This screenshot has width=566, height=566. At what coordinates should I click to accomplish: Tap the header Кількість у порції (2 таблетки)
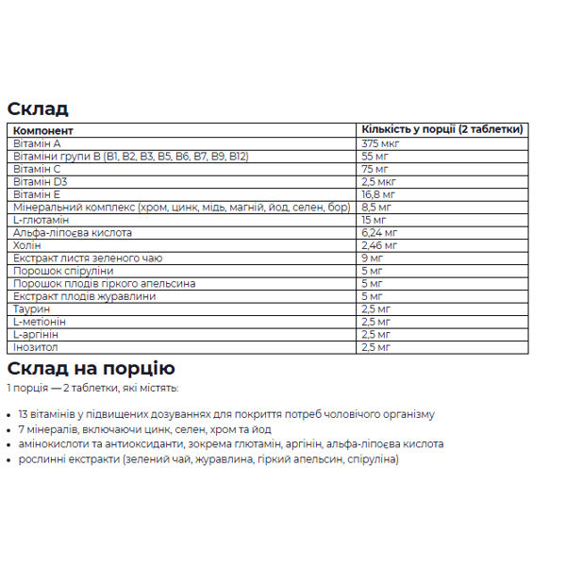pyautogui.click(x=441, y=130)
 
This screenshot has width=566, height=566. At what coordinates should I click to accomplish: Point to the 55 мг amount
pyautogui.click(x=375, y=156)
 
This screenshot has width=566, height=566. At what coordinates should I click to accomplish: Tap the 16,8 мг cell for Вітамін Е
pyautogui.click(x=378, y=194)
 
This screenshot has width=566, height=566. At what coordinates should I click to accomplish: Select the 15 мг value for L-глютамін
pyautogui.click(x=375, y=220)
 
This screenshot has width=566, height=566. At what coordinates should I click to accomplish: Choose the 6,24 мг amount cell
pyautogui.click(x=379, y=232)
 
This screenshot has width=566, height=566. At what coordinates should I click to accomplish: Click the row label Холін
pyautogui.click(x=27, y=245)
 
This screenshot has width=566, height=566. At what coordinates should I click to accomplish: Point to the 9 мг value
pyautogui.click(x=372, y=258)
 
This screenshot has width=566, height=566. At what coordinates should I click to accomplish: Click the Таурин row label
pyautogui.click(x=31, y=308)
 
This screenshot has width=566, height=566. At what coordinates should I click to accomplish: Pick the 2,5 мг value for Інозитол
pyautogui.click(x=375, y=347)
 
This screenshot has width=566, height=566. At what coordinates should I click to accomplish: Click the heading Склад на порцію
pyautogui.click(x=91, y=369)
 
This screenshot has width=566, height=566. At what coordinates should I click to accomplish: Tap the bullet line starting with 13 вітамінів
pyautogui.click(x=226, y=414)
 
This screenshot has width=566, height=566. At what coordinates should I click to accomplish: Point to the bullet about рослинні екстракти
pyautogui.click(x=208, y=458)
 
